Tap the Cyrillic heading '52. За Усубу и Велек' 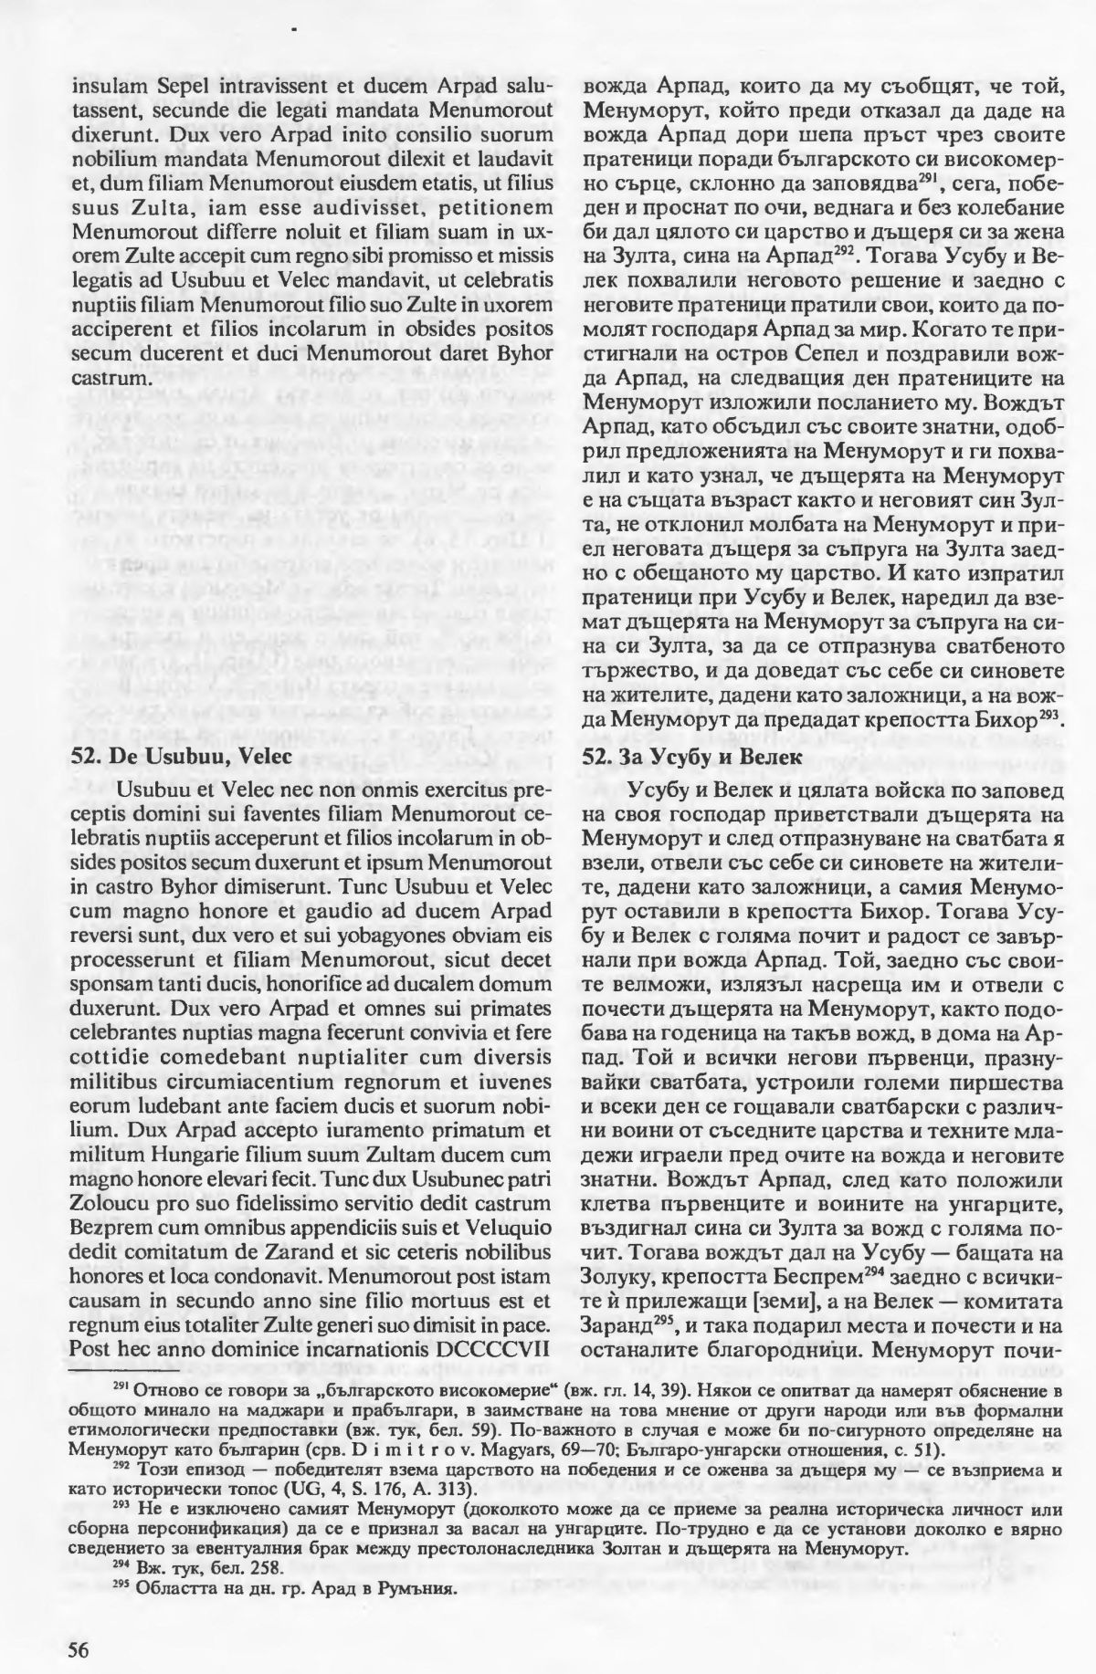[x=688, y=756]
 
